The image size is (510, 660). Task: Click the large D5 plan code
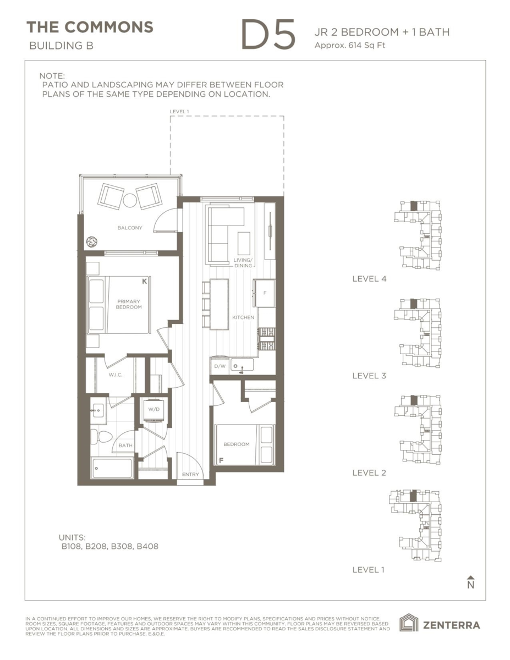click(268, 34)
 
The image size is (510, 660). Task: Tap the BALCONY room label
click(130, 228)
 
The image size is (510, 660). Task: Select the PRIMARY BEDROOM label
click(129, 304)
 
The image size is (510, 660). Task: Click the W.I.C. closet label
click(116, 375)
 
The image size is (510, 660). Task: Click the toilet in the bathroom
click(101, 437)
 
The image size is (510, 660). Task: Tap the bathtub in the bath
click(112, 468)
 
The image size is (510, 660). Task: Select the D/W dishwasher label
click(220, 366)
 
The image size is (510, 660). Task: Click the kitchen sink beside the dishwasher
click(242, 365)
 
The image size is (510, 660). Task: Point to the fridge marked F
click(265, 293)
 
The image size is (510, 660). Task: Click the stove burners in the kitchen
click(267, 339)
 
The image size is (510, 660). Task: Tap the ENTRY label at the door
click(190, 474)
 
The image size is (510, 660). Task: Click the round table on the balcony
click(130, 200)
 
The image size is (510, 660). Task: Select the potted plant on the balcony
click(92, 242)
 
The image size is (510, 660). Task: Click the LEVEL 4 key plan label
click(369, 279)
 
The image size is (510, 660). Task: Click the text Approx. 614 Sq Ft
click(350, 46)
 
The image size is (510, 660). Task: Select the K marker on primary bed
click(145, 281)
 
